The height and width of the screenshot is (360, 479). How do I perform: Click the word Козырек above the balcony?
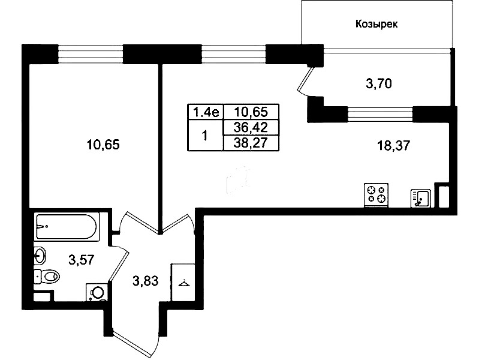point(376,24)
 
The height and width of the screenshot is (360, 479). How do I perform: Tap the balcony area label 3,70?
point(379,83)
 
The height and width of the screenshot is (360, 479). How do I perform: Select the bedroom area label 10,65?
point(103,145)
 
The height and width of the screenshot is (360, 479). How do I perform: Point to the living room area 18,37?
point(394,146)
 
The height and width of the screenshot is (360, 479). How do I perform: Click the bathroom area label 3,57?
point(82,260)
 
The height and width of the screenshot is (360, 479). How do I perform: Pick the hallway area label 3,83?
point(146,281)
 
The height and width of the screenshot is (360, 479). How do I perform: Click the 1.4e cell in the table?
point(206,112)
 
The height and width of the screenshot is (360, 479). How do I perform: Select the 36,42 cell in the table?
point(251,127)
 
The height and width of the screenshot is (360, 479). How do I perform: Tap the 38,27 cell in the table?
point(251,143)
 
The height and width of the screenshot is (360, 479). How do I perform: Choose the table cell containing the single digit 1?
point(205,135)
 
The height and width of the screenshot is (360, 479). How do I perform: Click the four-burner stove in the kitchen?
point(376,195)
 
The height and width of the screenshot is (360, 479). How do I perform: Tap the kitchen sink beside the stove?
point(421,198)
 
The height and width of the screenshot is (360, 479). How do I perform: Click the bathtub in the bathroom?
point(67,226)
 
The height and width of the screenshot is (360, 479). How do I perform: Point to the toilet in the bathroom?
point(46,277)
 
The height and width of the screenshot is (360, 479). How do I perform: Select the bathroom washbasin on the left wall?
point(40,255)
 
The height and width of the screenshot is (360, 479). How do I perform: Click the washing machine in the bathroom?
point(97,292)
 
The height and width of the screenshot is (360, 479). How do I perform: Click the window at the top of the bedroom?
point(91,54)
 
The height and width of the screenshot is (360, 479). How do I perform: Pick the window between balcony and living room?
point(380,114)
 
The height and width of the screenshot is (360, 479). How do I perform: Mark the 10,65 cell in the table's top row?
point(251,112)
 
